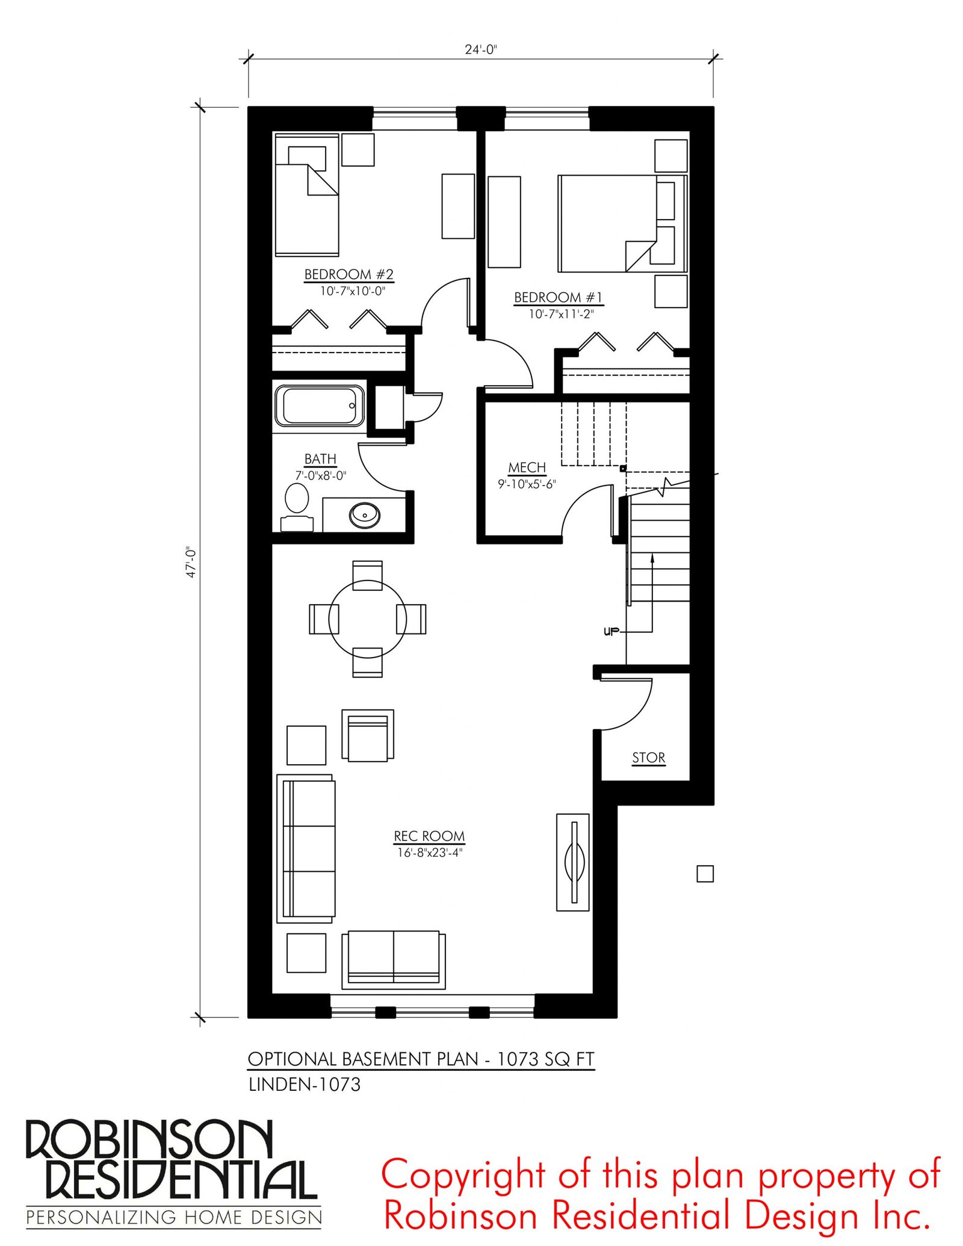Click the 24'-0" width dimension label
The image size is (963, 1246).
481,49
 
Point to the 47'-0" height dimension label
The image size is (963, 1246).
191,563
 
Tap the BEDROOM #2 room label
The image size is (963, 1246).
349,274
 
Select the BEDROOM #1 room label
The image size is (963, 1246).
559,297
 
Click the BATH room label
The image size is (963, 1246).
320,459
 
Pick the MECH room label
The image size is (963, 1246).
527,467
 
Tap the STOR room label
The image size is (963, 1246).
649,757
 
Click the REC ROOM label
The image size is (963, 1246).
429,836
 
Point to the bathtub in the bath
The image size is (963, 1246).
320,407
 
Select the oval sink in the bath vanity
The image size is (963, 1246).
365,515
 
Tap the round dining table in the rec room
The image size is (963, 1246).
368,618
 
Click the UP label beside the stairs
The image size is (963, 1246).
610,632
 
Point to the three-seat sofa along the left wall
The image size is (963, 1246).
306,848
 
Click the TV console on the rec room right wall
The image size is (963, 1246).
573,862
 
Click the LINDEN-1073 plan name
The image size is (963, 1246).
305,1085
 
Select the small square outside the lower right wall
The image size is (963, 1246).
705,874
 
